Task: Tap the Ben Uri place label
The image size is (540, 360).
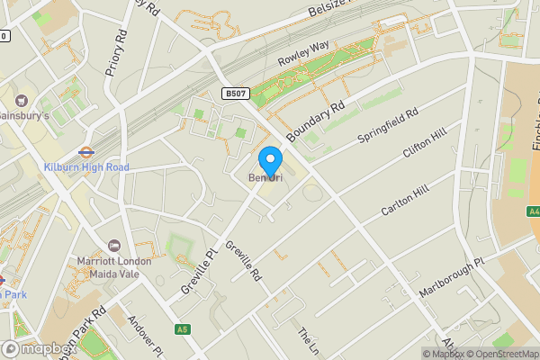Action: [x=265, y=178]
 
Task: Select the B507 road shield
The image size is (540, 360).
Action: [x=236, y=94]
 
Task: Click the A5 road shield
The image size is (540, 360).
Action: [x=182, y=330]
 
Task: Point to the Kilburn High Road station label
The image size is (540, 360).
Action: [x=86, y=167]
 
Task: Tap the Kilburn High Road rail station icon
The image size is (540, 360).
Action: [x=86, y=152]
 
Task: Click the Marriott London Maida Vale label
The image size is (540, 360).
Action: [x=113, y=267]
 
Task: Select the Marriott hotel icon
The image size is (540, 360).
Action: [x=113, y=246]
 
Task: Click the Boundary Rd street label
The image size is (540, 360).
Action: [x=316, y=121]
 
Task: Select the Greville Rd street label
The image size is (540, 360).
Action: [x=243, y=260]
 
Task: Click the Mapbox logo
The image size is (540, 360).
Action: [x=38, y=349]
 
